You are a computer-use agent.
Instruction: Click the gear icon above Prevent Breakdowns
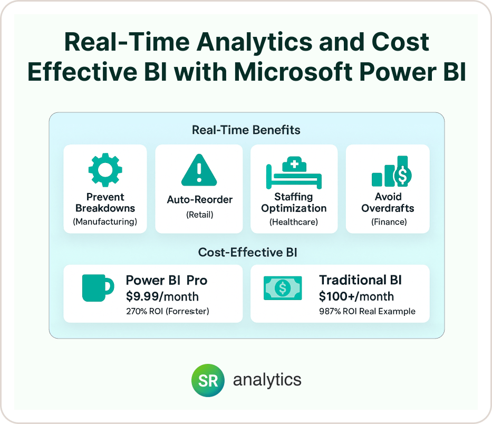pos(105,170)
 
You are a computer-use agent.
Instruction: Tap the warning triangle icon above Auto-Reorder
pos(199,170)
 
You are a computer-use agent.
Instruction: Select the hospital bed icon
pos(294,173)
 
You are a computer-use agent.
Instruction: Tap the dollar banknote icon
pos(283,288)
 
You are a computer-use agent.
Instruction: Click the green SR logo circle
pos(208,380)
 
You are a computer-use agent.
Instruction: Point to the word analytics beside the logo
pos(267,380)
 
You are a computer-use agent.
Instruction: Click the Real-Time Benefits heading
pos(246,130)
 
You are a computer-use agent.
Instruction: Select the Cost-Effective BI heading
pos(247,252)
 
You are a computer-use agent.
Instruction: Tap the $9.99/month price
pos(162,296)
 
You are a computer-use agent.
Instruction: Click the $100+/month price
pos(356,296)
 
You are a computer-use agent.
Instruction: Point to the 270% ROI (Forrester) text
pos(168,311)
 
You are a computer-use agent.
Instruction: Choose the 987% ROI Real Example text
pos(367,311)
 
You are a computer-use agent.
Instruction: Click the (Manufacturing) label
pos(105,222)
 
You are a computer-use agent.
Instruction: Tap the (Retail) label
pos(199,215)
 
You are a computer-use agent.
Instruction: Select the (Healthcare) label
pos(294,222)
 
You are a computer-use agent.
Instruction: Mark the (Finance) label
pos(389,222)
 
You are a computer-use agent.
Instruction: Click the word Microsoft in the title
pos(293,72)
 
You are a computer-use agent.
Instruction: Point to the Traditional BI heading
pos(360,280)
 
